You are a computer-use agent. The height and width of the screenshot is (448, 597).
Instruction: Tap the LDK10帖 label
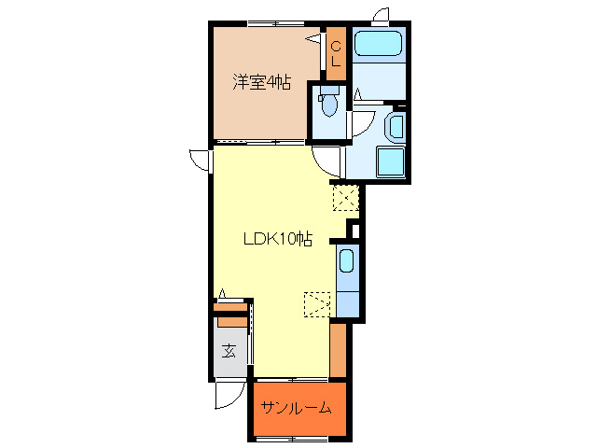(277, 239)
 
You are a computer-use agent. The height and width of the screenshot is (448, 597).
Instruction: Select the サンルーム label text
(297, 409)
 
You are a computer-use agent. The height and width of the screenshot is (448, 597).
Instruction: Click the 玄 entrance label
(229, 351)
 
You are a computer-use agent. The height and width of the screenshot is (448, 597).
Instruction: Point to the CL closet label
(336, 53)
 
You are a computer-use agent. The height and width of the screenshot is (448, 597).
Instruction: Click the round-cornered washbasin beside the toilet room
(396, 125)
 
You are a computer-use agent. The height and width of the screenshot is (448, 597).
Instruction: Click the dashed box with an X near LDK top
(345, 197)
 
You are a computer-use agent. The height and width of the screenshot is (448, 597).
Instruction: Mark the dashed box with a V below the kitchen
(318, 304)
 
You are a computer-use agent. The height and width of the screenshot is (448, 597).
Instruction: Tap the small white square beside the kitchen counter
(353, 230)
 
